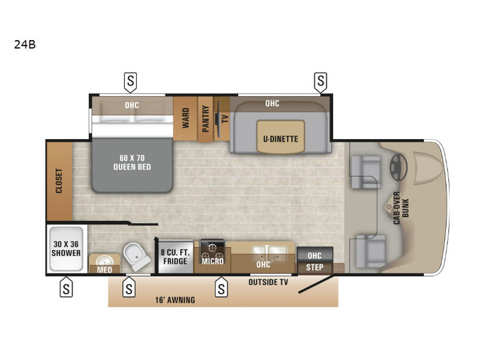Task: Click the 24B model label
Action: (x=25, y=44)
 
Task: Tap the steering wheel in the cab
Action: (x=398, y=167)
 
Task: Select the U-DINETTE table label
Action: (x=280, y=139)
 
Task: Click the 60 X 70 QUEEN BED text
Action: (x=132, y=163)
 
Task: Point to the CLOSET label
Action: (x=59, y=181)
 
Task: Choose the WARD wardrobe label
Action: (x=185, y=118)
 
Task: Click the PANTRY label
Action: (x=205, y=119)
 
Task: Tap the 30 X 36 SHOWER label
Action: (x=66, y=248)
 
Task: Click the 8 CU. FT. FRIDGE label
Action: (x=175, y=257)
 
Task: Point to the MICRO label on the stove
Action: (x=212, y=261)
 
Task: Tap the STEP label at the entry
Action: (x=314, y=267)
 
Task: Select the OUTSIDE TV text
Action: (x=268, y=282)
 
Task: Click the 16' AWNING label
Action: (x=175, y=300)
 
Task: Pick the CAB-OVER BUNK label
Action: (x=401, y=208)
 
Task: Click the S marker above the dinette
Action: (x=320, y=82)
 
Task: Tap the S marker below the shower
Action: (x=66, y=287)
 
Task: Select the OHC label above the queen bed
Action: (x=131, y=106)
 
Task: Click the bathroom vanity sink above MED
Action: (x=104, y=260)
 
